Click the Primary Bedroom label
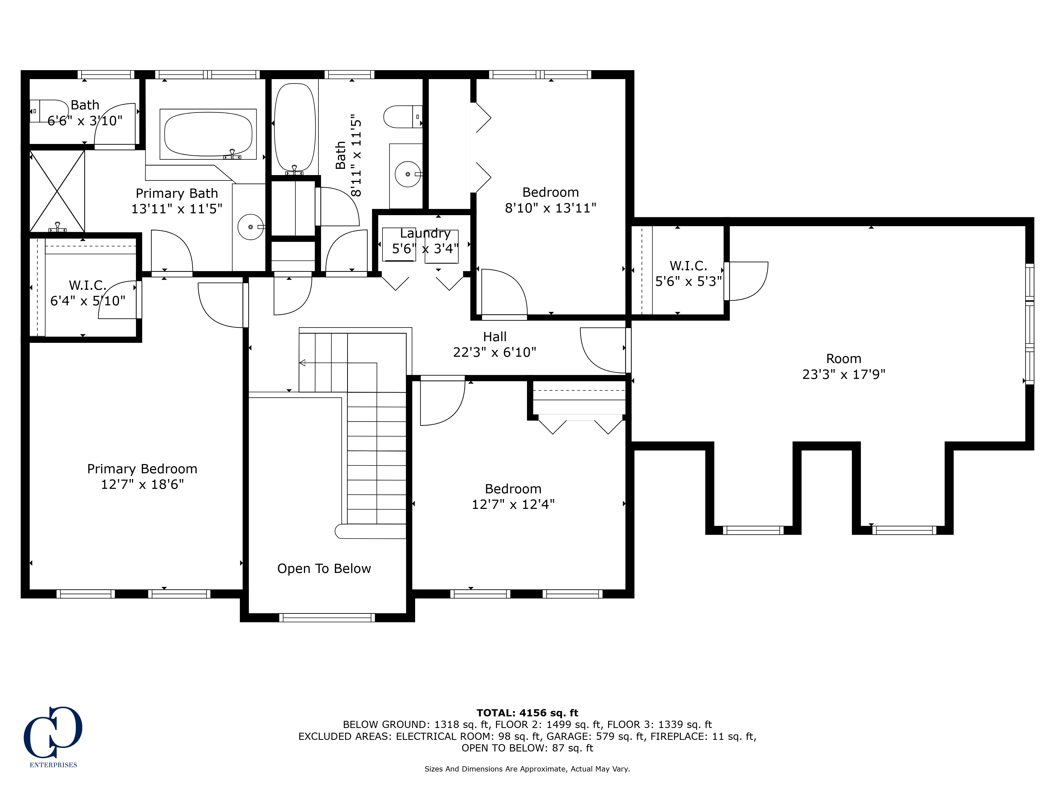pos(142,469)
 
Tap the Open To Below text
pos(324,568)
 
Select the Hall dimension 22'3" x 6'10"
pos(495,352)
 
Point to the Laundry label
pos(425,233)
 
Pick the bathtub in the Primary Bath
pos(208,134)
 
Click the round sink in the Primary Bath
pos(250,227)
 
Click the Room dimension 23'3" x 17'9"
pos(844,374)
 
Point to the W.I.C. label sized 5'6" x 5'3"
pos(688,266)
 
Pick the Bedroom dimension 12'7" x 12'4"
pos(513,504)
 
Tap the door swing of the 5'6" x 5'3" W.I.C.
pos(746,281)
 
